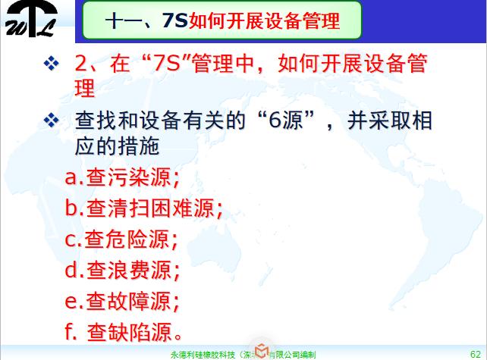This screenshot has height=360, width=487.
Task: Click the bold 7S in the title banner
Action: (x=176, y=21)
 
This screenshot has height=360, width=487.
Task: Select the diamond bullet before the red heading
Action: (x=52, y=64)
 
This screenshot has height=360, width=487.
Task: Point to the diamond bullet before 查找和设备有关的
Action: (x=52, y=121)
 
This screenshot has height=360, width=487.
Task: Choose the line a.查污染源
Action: (x=122, y=178)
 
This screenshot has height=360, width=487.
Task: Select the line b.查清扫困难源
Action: (x=144, y=208)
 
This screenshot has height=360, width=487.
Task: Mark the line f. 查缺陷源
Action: (x=125, y=332)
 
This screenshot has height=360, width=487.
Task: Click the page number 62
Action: (x=476, y=353)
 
